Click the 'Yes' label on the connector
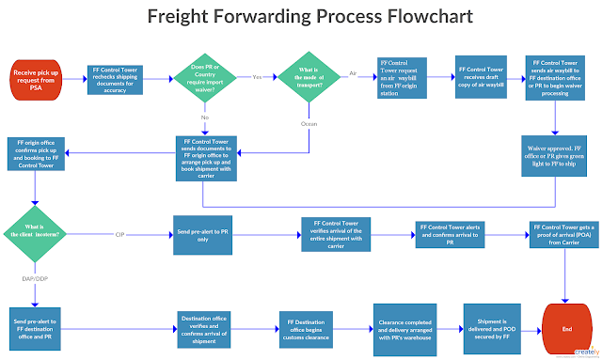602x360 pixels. pos(257,76)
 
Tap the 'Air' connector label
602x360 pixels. pos(354,73)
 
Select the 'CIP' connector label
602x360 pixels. pos(119,233)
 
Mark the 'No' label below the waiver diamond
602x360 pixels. pos(206,118)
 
